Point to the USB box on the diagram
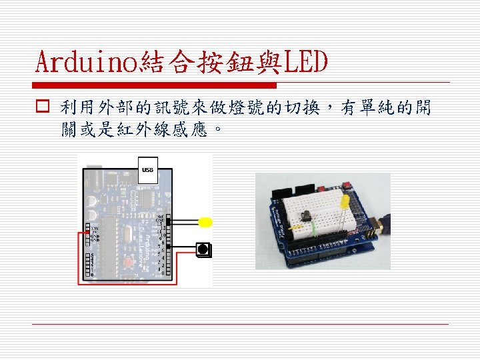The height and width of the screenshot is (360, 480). click(x=147, y=170)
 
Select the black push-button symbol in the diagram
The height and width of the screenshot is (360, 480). click(x=203, y=249)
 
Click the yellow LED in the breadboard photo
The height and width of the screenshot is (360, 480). click(x=344, y=202)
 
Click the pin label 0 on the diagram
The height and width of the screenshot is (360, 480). click(x=162, y=273)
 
